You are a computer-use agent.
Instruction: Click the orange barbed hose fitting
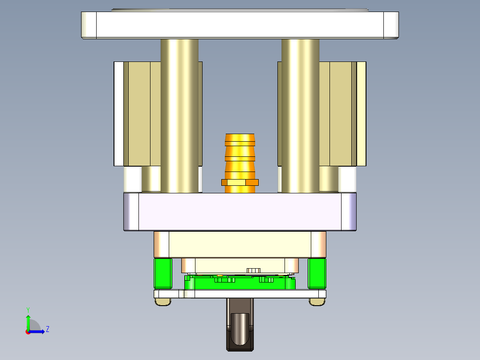240,151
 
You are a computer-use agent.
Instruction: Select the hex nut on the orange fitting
240,182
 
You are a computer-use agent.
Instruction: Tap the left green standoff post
163,273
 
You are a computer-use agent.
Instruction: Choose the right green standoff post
317,273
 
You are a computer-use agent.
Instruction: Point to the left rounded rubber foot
163,302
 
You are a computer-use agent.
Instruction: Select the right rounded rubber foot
317,302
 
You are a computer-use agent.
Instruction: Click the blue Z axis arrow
38,331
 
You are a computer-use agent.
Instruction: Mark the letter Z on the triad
47,329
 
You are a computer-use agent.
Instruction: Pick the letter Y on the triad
28,309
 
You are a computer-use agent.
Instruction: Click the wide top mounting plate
240,25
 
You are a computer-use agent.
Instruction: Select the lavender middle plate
240,212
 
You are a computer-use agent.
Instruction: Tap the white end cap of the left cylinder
118,114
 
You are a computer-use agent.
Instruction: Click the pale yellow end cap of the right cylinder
362,114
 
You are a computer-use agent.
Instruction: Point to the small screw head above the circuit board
253,270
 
